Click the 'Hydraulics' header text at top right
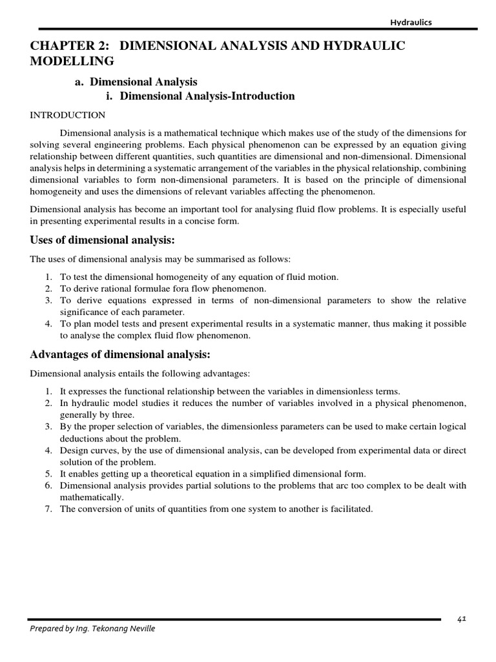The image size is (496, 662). coord(411,22)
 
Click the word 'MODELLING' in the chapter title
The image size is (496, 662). coord(72,61)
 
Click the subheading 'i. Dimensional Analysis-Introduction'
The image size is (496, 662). coord(200,96)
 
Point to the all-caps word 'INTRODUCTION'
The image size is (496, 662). coord(68,115)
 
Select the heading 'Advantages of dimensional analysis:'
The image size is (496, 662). coord(120,355)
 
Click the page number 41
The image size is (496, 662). coord(461,619)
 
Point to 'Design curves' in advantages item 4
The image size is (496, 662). coord(87,450)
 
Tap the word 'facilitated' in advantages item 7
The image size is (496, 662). coord(350,509)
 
